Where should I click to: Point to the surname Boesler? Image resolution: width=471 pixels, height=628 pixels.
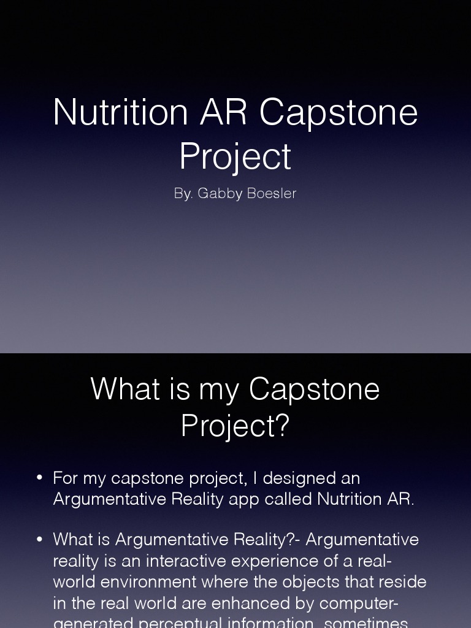(x=271, y=194)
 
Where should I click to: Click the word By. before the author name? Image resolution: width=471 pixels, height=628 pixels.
(x=183, y=194)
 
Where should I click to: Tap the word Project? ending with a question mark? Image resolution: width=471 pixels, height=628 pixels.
(x=235, y=425)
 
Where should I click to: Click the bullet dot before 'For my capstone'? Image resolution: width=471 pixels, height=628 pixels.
(x=40, y=478)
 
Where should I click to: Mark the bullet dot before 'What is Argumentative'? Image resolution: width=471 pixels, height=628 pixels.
(x=40, y=539)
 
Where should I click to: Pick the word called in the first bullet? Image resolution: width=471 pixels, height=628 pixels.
(x=288, y=499)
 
